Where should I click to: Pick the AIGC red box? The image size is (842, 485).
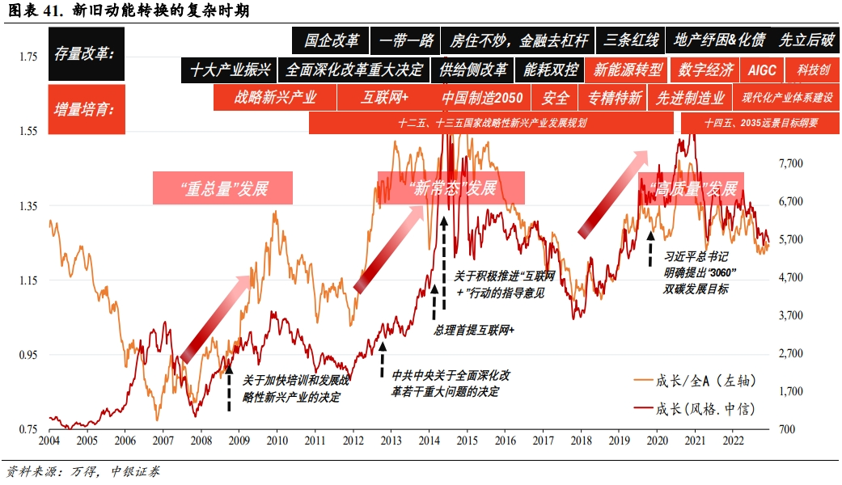761,70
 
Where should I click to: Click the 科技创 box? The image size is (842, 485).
813,70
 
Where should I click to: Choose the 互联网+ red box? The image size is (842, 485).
384,99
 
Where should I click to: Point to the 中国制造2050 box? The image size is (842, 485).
482,99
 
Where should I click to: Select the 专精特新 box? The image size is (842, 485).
614,99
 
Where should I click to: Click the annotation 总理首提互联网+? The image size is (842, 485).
474,331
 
